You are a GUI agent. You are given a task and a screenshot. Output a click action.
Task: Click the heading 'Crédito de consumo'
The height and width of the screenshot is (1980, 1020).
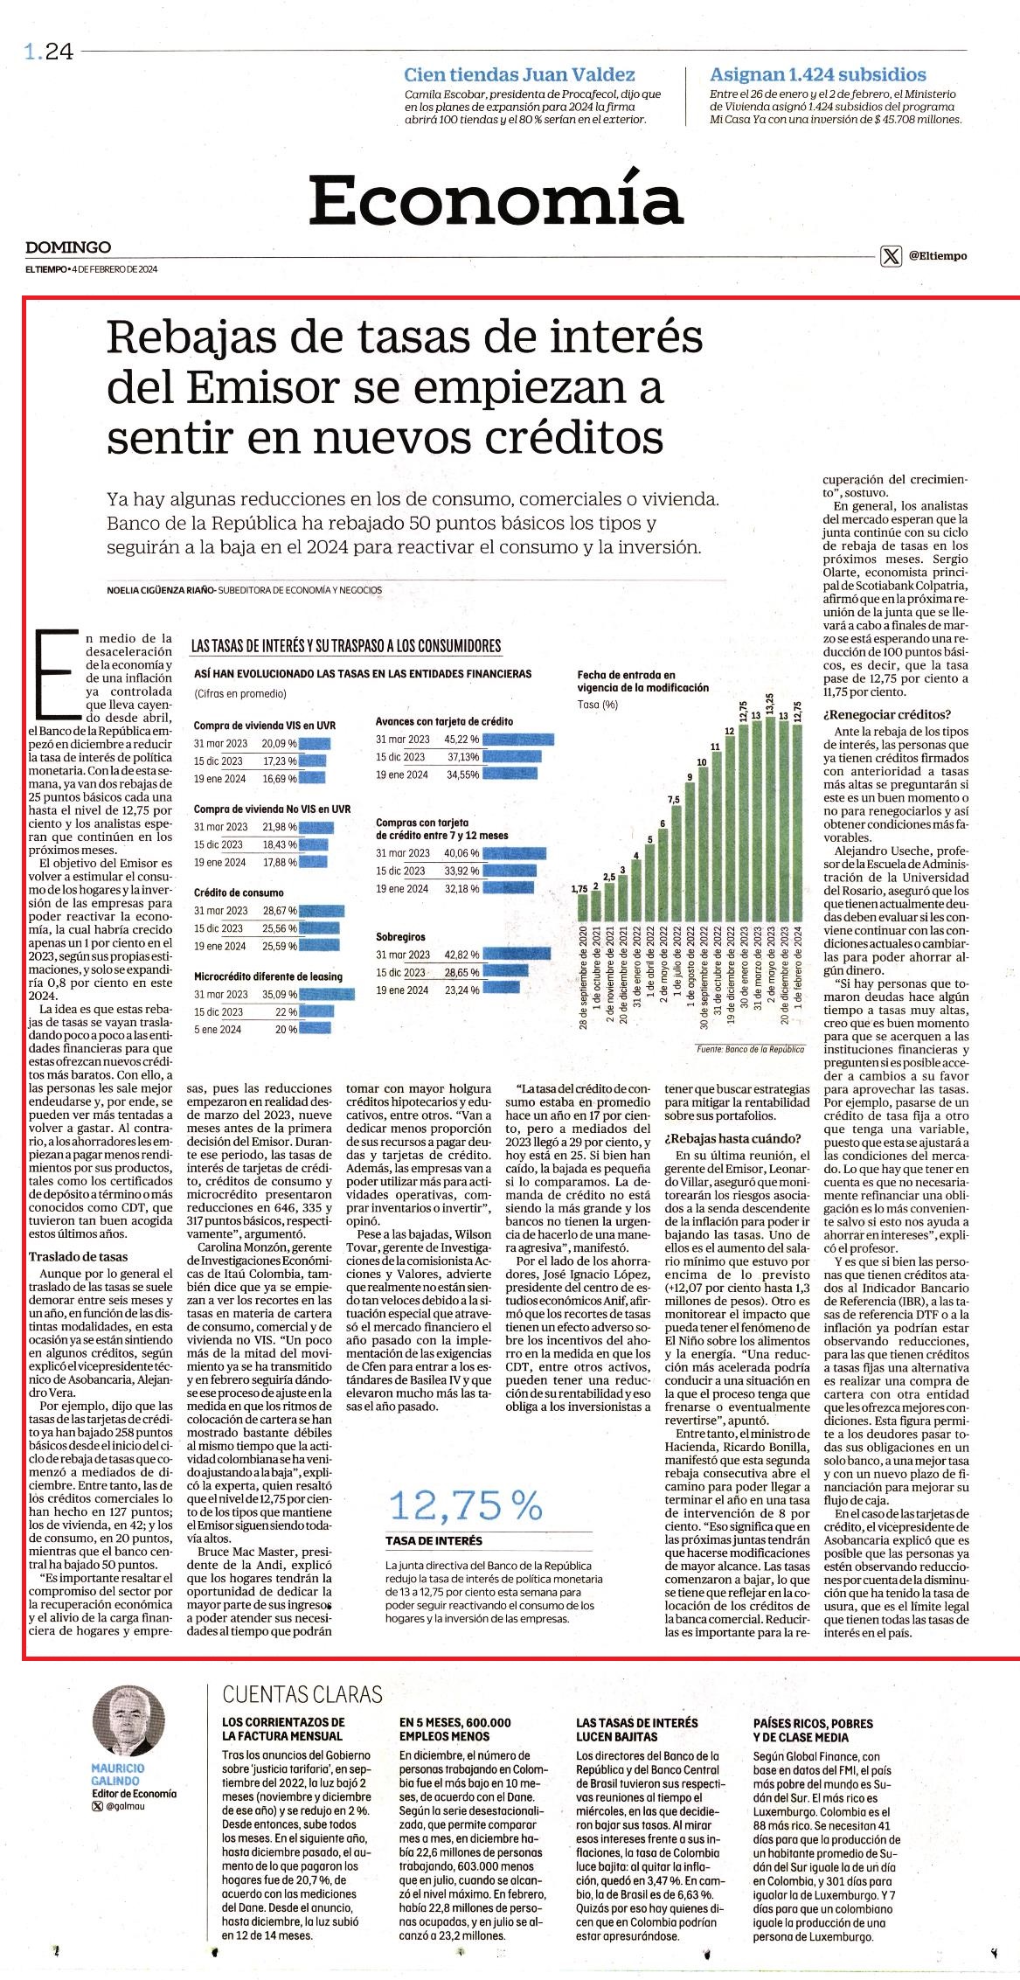click(x=239, y=893)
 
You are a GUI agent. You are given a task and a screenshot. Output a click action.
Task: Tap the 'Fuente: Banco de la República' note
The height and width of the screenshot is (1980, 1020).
click(x=750, y=1049)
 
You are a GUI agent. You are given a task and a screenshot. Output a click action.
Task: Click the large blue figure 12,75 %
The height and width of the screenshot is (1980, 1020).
click(x=466, y=1505)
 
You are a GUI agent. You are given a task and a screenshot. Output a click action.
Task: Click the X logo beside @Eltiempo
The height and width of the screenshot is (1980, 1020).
click(x=890, y=256)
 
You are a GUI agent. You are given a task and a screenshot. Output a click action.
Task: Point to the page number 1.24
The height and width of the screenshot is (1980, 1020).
click(x=48, y=53)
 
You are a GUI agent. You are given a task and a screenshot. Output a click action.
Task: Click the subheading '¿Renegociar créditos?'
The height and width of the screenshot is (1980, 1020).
click(x=880, y=714)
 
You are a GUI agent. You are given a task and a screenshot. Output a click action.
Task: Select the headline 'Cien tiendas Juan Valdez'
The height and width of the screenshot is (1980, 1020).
click(x=519, y=75)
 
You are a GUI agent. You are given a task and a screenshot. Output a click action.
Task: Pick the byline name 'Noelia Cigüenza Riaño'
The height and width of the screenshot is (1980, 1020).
click(x=161, y=590)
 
